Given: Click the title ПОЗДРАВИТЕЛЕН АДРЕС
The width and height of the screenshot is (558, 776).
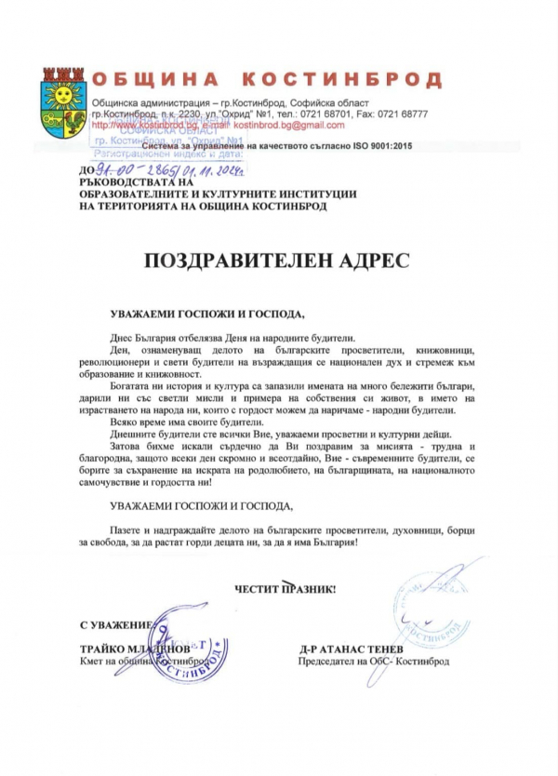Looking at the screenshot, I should (x=276, y=260).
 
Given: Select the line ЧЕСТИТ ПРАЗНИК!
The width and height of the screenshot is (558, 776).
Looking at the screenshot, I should (x=285, y=589).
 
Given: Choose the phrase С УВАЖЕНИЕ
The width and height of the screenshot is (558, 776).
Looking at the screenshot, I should (x=114, y=624).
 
